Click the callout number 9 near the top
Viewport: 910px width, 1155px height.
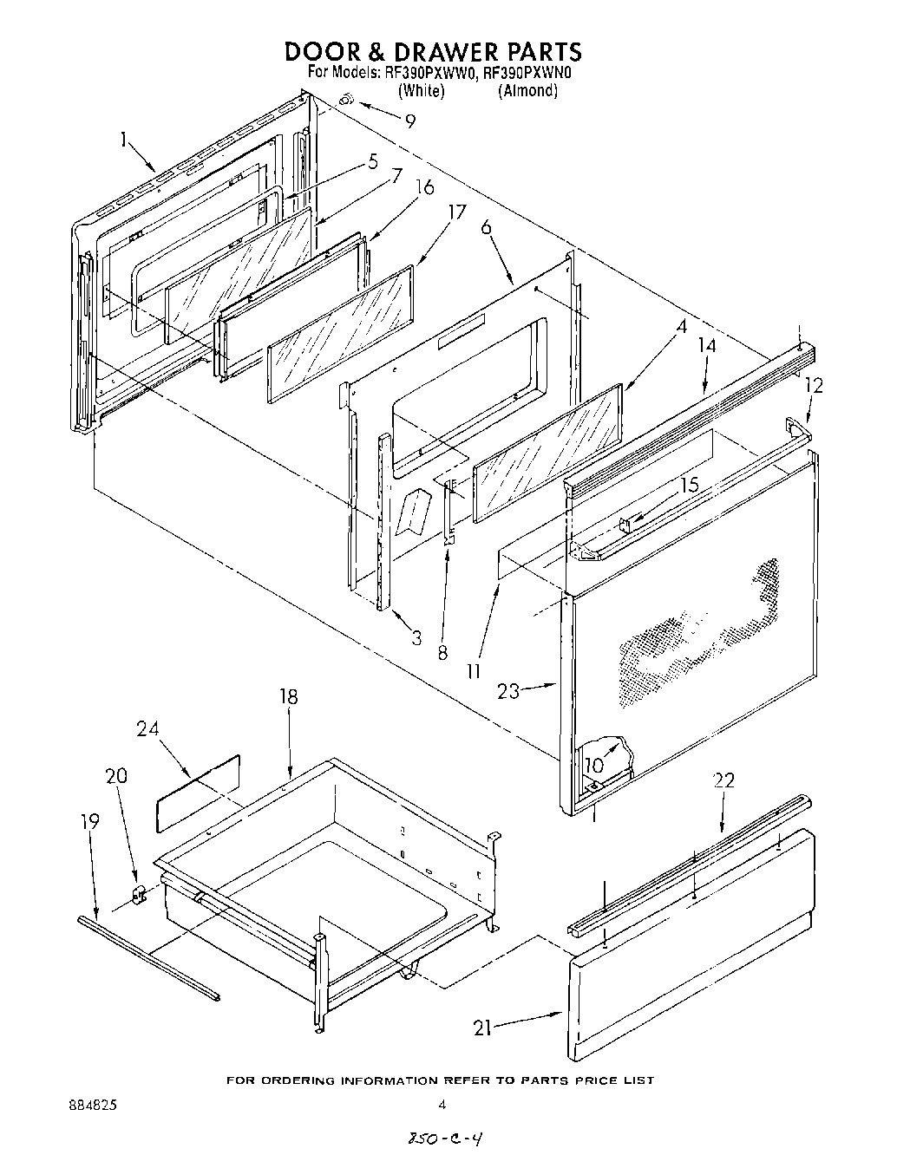409,121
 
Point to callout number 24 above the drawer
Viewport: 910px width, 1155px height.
147,729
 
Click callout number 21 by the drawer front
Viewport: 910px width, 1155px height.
483,1028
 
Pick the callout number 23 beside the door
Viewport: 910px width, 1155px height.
509,691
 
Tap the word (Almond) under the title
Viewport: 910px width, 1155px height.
527,91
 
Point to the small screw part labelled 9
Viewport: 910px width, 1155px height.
345,101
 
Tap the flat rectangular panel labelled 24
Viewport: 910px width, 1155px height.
198,792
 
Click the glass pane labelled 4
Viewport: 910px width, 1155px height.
548,453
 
